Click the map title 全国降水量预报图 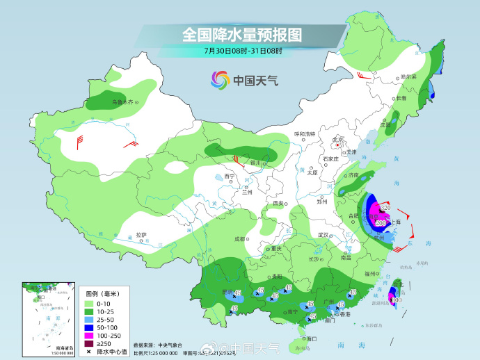(x=242, y=34)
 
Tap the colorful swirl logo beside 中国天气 (x=220, y=80)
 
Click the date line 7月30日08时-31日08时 (x=243, y=51)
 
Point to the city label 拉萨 (x=141, y=235)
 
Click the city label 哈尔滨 (x=408, y=77)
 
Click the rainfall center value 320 (x=385, y=208)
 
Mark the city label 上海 (x=396, y=222)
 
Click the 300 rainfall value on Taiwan (x=396, y=300)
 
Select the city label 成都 (x=240, y=238)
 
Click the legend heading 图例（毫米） (x=99, y=293)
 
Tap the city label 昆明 (x=225, y=291)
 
